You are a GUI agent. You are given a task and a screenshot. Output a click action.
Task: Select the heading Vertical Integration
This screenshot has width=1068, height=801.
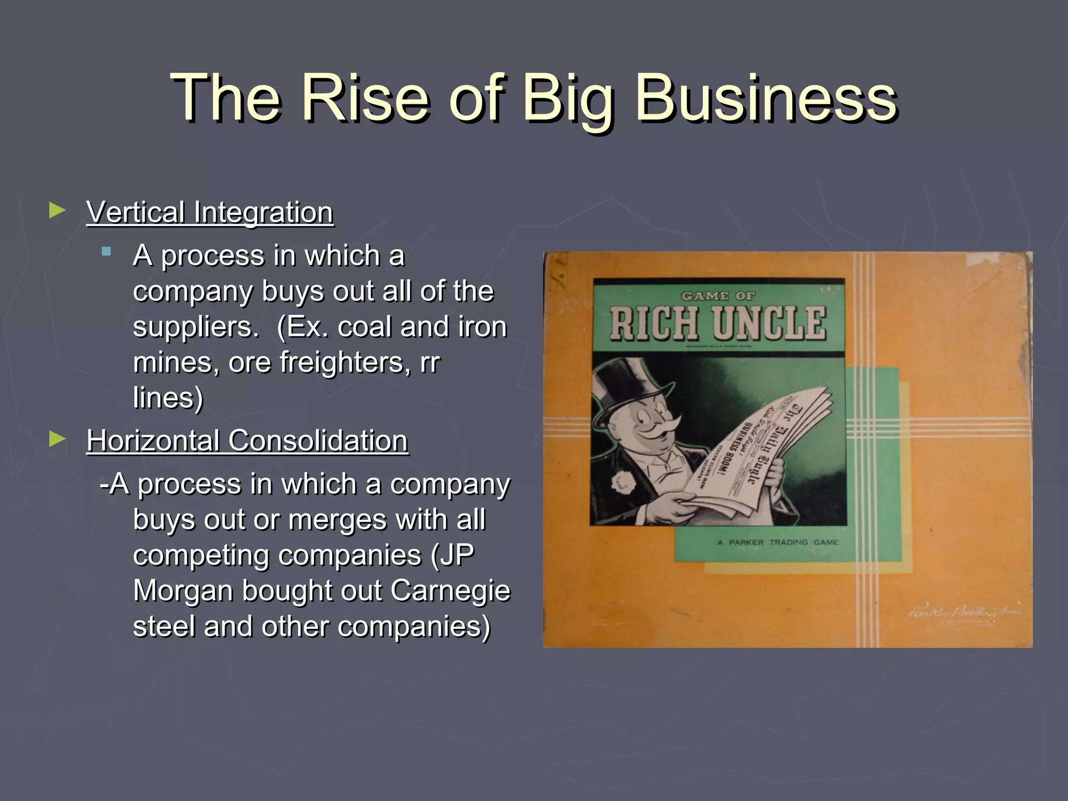210,213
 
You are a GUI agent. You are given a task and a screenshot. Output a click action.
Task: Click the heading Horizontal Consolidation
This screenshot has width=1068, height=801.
247,441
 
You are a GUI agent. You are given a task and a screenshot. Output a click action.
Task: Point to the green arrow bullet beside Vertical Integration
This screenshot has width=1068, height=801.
57,211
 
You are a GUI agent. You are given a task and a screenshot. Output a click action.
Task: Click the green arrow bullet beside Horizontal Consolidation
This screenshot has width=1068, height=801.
57,439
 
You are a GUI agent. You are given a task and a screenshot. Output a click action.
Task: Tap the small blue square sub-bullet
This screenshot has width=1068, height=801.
107,252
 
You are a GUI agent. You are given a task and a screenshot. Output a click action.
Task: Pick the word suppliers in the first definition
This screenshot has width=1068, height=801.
196,327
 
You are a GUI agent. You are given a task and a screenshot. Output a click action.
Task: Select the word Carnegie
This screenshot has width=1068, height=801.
450,591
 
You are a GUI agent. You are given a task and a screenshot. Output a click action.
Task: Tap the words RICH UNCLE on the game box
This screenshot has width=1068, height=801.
718,323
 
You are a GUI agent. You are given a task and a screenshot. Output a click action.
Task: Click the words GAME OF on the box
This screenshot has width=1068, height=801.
718,296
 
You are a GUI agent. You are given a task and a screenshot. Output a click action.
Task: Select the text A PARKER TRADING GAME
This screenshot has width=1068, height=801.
778,542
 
